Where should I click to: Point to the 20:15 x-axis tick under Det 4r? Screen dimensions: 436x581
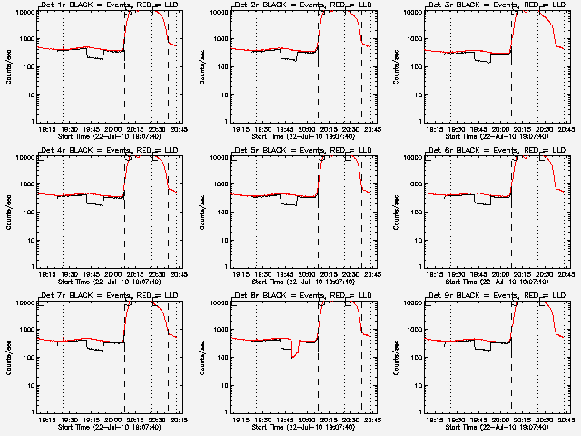(136, 274)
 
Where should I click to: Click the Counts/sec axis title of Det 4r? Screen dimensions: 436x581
(8, 210)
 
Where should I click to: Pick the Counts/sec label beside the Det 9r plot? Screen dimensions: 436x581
(395, 355)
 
